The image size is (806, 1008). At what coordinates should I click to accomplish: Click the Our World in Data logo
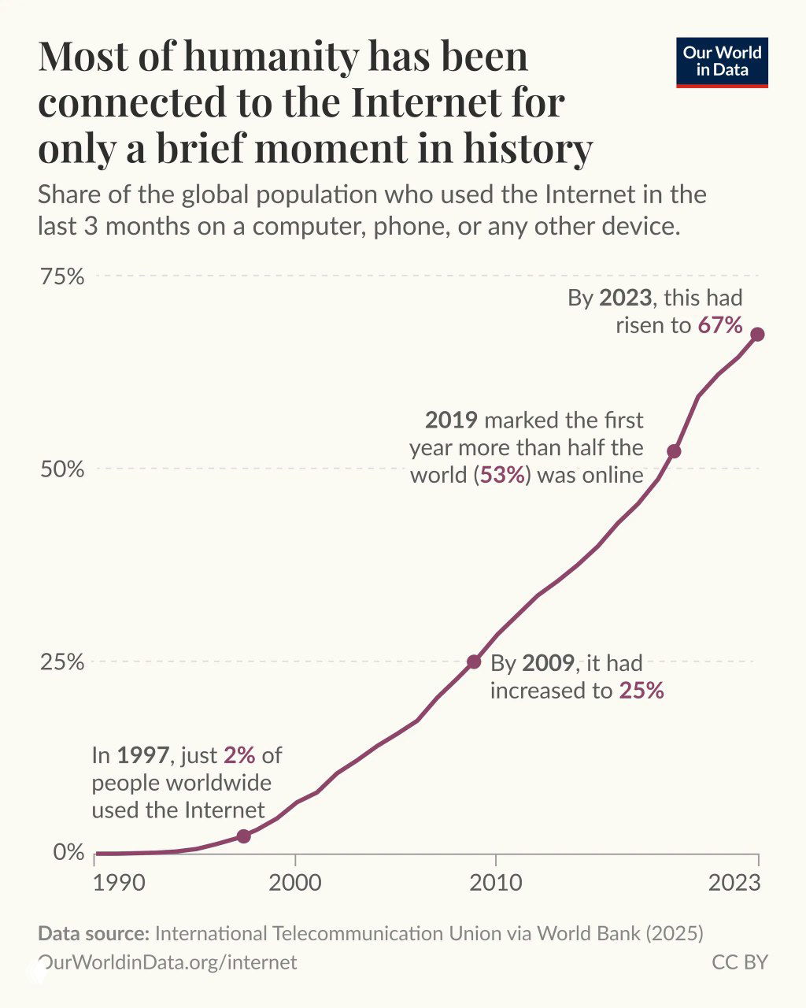tap(722, 62)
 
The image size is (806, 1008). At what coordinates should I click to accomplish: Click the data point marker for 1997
tap(243, 836)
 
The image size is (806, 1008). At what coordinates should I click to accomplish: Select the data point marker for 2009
tap(474, 661)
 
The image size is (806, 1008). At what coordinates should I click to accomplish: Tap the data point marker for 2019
tap(674, 451)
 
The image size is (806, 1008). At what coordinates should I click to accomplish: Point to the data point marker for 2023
tap(757, 335)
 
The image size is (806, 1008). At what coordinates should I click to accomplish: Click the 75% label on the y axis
tap(62, 276)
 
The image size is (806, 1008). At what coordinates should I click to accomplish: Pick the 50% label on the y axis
tap(62, 469)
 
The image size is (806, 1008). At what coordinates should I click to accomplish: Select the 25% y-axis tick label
tap(62, 661)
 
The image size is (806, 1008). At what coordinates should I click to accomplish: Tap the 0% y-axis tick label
tap(68, 853)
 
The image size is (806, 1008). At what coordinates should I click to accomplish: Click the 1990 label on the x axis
tap(119, 883)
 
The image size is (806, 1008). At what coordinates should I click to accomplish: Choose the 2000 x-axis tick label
tap(295, 883)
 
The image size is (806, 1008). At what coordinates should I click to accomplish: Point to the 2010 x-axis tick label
tap(496, 883)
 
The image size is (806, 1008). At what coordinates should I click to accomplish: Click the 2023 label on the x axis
tap(734, 883)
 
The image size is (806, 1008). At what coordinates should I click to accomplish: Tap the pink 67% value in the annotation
tap(720, 325)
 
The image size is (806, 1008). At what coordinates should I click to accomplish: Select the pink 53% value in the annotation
tap(503, 476)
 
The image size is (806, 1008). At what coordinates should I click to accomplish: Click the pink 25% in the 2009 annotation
tap(641, 691)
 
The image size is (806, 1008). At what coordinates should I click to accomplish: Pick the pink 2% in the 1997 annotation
tap(239, 755)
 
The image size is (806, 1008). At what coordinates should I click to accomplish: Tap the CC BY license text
tap(739, 962)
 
